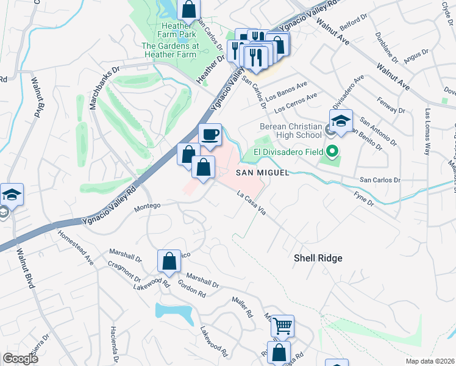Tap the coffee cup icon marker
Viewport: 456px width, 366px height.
click(x=210, y=135)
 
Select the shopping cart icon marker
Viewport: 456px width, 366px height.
click(x=282, y=326)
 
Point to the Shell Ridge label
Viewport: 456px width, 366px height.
click(x=318, y=258)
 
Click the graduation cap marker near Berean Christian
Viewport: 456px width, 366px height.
click(x=341, y=120)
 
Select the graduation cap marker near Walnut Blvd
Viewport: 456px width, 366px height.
click(x=12, y=195)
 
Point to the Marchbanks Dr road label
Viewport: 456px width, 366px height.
click(x=94, y=85)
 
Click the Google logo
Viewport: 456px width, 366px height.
click(x=20, y=359)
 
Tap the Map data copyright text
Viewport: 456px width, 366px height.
click(x=430, y=361)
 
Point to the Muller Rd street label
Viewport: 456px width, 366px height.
click(x=242, y=307)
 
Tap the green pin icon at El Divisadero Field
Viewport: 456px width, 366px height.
click(x=332, y=151)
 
